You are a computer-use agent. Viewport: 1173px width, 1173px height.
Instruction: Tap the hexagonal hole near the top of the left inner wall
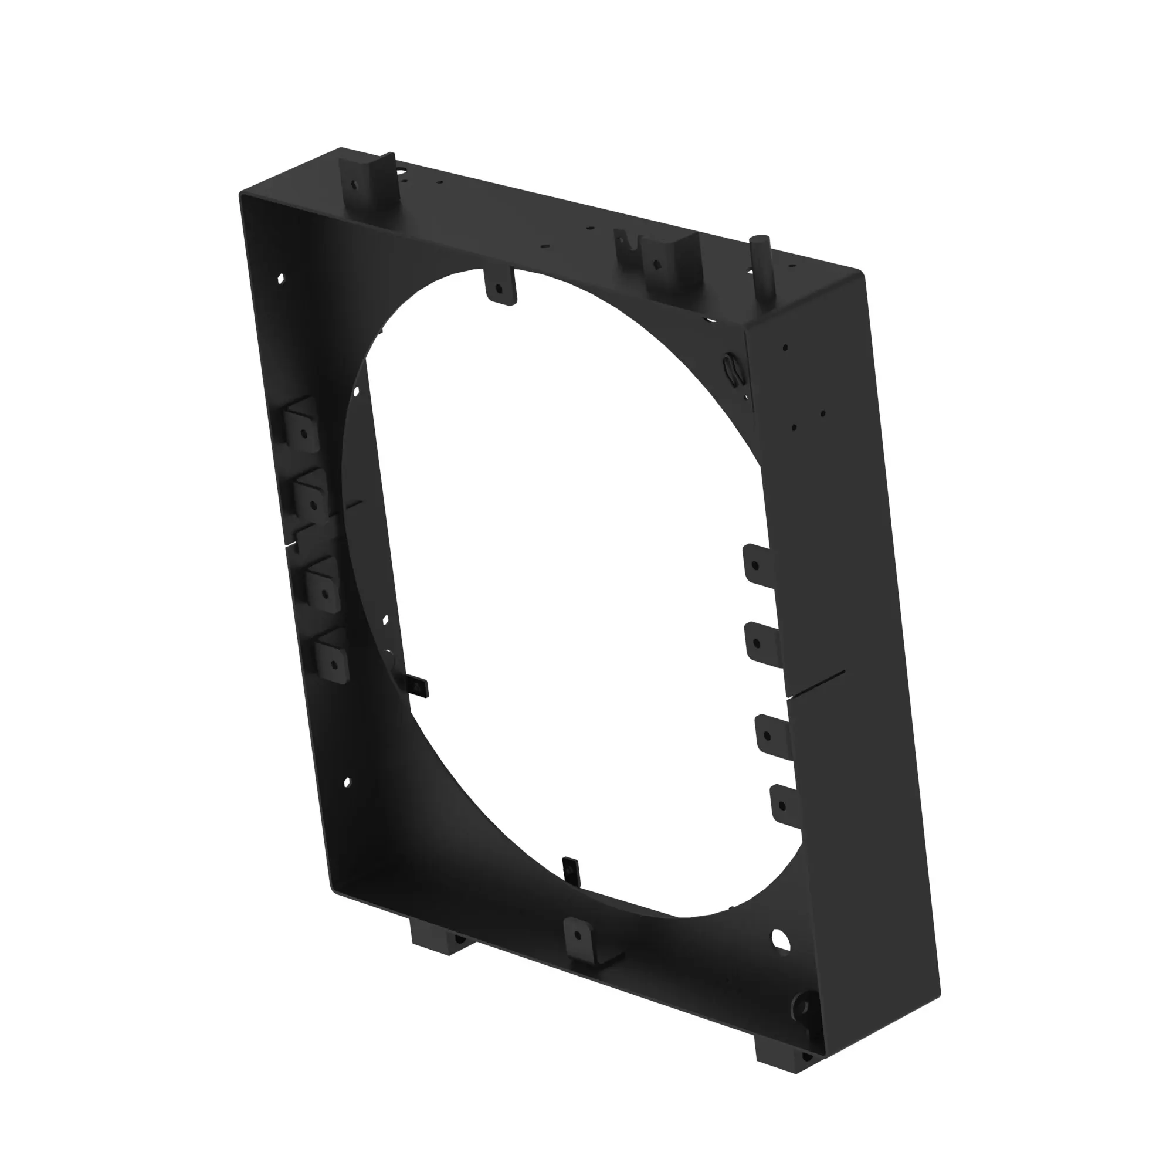point(280,279)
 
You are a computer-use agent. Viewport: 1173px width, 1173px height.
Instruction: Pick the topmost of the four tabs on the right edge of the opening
point(757,564)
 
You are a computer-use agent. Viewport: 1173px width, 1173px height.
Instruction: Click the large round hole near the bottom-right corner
point(781,940)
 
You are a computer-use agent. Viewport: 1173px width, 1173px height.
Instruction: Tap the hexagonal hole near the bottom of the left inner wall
point(347,782)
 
